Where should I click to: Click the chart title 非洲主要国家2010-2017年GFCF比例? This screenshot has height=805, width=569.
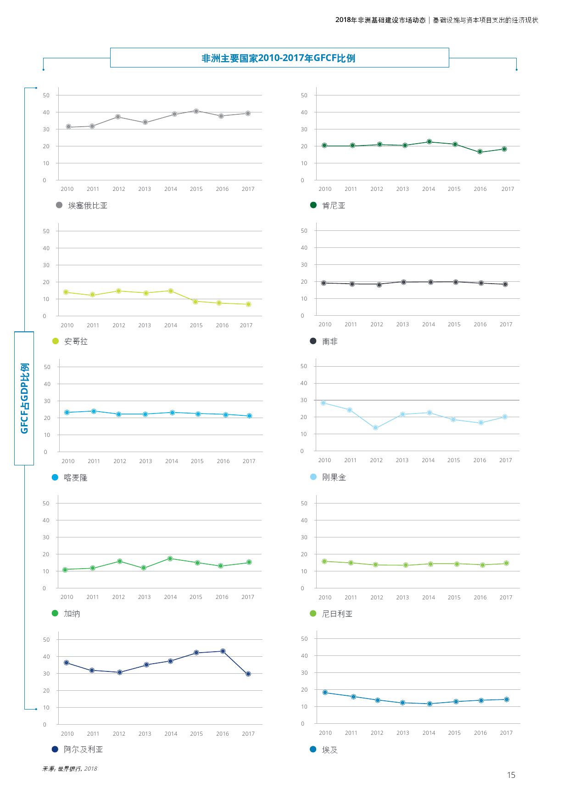point(279,58)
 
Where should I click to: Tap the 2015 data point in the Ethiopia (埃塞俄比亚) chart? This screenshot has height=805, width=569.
point(196,111)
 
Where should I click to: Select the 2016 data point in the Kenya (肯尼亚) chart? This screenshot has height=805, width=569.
point(480,152)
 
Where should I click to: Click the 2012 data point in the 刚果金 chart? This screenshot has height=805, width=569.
point(375,428)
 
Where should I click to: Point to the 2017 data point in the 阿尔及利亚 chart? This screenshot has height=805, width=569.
point(248,674)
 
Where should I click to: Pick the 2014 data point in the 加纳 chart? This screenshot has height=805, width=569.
point(170,559)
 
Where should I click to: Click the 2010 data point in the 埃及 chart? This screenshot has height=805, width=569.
point(325,693)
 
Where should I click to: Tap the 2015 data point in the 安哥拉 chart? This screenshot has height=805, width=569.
point(195,302)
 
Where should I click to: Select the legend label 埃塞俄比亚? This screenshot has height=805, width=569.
point(88,206)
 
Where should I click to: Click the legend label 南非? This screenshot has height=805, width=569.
point(329,341)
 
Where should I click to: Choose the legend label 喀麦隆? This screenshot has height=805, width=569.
point(76,478)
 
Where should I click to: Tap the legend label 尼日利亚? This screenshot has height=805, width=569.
point(337,614)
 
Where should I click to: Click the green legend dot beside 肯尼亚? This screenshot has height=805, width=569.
point(313,205)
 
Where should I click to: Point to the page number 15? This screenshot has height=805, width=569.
point(511,775)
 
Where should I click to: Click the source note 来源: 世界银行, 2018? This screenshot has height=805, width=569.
point(69,769)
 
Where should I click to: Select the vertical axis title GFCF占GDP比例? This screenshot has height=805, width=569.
point(24,398)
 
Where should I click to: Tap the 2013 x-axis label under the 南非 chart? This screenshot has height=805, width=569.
point(402,324)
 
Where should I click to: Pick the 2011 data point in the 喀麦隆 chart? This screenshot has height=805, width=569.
point(94,411)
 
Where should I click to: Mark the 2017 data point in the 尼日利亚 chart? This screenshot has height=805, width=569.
point(506,563)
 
